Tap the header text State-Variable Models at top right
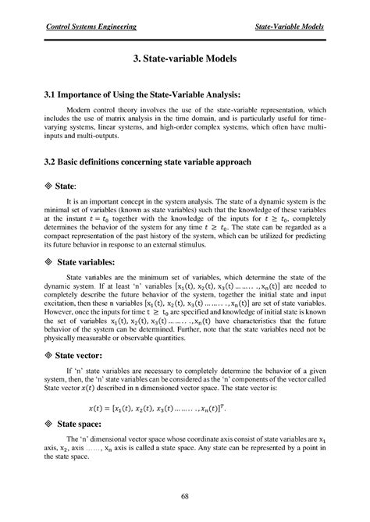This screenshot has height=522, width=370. (x=290, y=27)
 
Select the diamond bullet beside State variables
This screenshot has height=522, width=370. (x=47, y=262)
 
